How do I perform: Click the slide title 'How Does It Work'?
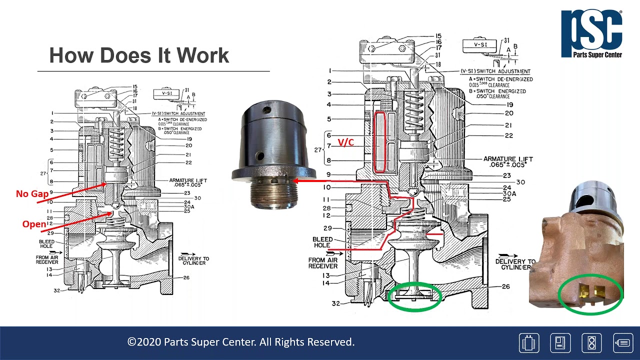pyautogui.click(x=139, y=55)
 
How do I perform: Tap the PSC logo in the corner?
pyautogui.click(x=591, y=33)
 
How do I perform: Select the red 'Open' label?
pyautogui.click(x=34, y=224)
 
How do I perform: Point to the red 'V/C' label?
pyautogui.click(x=345, y=142)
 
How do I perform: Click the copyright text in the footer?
pyautogui.click(x=241, y=342)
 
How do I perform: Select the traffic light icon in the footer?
pyautogui.click(x=591, y=343)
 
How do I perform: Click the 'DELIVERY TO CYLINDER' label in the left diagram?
pyautogui.click(x=193, y=260)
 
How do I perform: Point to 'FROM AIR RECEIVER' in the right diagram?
pyautogui.click(x=322, y=263)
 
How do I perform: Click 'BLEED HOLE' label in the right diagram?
pyautogui.click(x=322, y=242)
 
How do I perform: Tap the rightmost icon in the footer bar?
pyautogui.click(x=623, y=343)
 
